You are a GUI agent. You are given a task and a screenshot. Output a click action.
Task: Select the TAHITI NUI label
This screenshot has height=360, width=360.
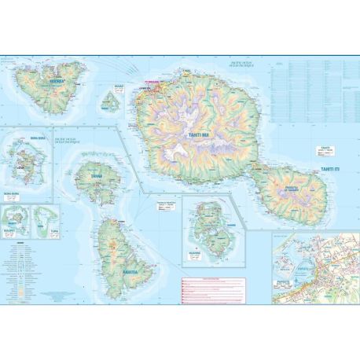198,136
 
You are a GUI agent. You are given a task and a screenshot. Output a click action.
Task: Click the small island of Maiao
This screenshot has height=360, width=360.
111,101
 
